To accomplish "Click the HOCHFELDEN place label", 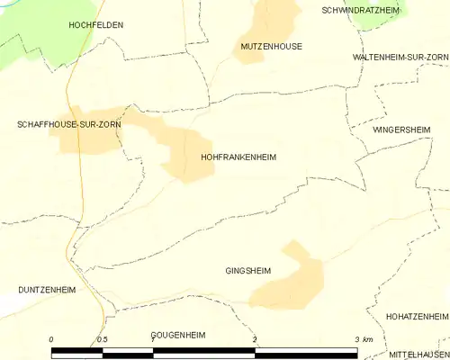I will pyautogui.click(x=95, y=27).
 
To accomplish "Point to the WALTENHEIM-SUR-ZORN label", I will pyautogui.click(x=400, y=57).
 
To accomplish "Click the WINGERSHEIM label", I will pyautogui.click(x=400, y=130).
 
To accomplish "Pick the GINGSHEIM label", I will pyautogui.click(x=248, y=270).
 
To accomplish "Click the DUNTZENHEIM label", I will pyautogui.click(x=46, y=291).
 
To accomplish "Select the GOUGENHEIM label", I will pyautogui.click(x=178, y=335).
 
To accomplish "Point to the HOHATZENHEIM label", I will pyautogui.click(x=416, y=317).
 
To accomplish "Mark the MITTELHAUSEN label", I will pyautogui.click(x=418, y=354).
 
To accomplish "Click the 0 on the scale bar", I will pyautogui.click(x=51, y=339).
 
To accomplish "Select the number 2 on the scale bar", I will pyautogui.click(x=256, y=339).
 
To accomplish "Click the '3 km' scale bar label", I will pyautogui.click(x=363, y=339).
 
